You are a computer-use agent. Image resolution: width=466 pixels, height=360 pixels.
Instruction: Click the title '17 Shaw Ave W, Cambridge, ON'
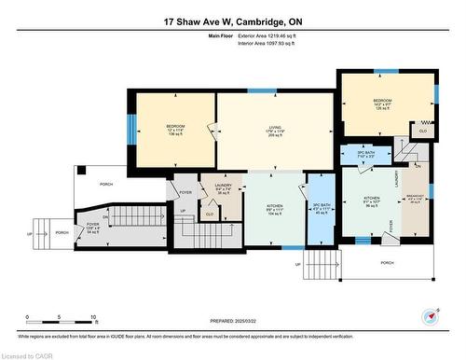(232, 21)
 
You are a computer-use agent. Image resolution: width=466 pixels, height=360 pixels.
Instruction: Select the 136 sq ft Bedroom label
(176, 130)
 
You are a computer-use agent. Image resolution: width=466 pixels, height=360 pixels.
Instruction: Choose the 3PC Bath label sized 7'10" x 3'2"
(366, 155)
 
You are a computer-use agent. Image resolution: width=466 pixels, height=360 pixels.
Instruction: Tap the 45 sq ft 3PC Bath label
(321, 208)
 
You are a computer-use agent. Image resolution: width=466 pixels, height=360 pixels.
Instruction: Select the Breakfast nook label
(416, 199)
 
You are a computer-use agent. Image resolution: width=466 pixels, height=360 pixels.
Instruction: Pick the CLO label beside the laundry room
(210, 214)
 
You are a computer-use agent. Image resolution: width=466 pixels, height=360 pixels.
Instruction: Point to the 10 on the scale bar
(93, 317)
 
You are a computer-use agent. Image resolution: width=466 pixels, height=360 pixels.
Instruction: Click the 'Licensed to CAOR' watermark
(27, 354)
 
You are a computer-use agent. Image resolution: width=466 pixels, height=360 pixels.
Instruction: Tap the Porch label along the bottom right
(387, 263)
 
